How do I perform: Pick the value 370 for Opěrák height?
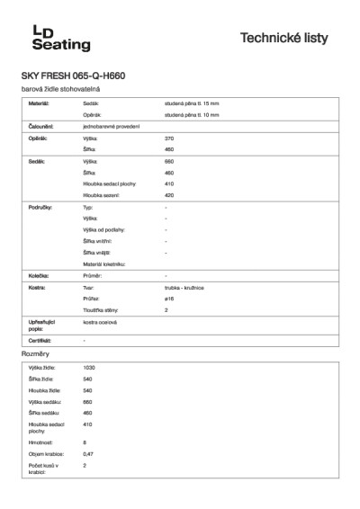[169, 138]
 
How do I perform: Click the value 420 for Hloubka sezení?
[169, 194]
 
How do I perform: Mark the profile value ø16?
[169, 298]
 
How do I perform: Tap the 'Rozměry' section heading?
[35, 356]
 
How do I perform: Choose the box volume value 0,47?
[88, 454]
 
